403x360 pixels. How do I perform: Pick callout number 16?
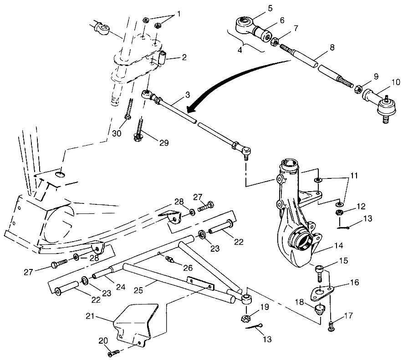point(355,283)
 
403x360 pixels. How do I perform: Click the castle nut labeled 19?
point(245,318)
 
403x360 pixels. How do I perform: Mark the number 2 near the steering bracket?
point(184,58)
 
